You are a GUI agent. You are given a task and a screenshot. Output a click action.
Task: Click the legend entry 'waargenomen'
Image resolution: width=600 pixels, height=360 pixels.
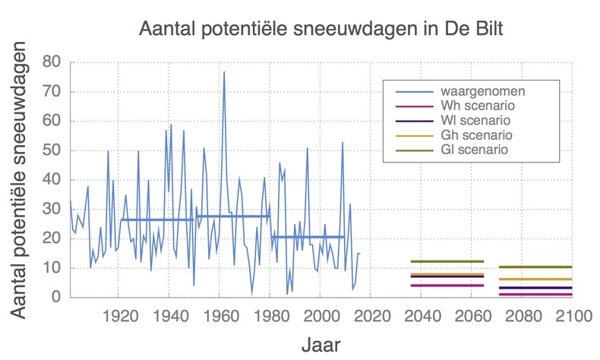[x=474, y=90]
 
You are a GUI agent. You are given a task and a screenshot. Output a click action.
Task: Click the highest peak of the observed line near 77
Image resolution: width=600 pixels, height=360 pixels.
[x=224, y=72]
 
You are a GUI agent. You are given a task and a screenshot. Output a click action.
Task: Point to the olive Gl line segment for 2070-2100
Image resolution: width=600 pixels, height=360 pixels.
[x=535, y=267]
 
